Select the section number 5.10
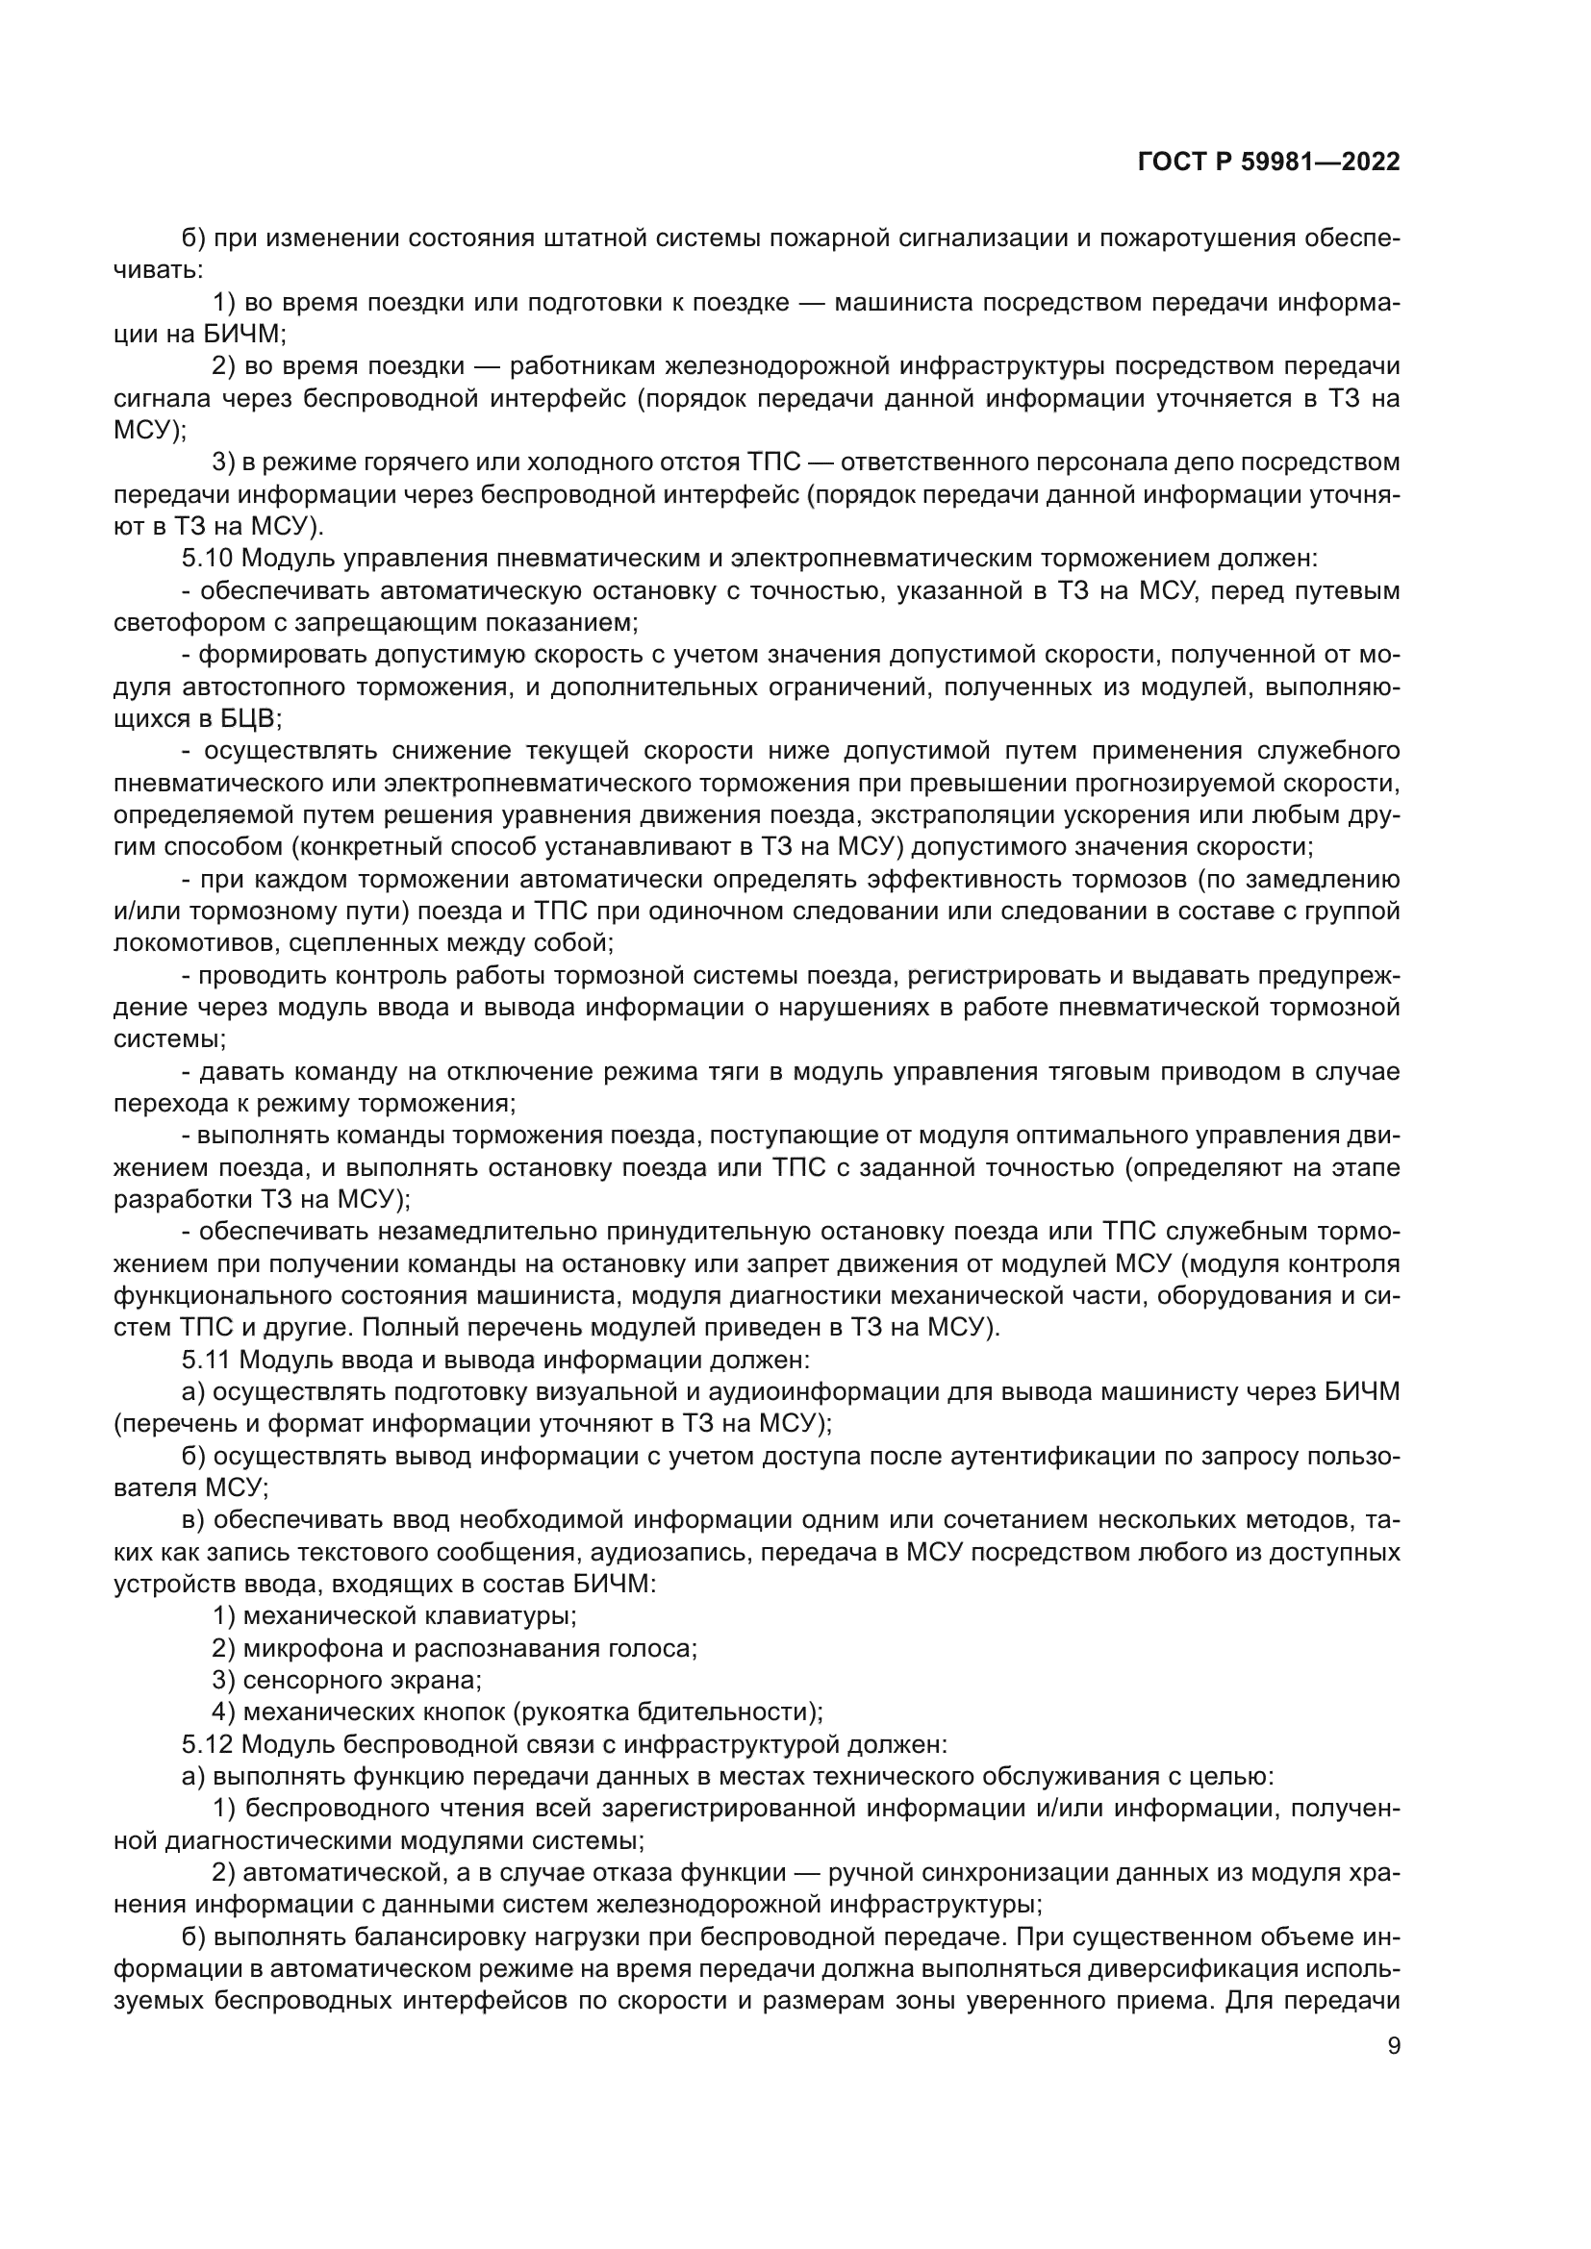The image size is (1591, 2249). point(206,560)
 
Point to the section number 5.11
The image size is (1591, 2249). point(205,1360)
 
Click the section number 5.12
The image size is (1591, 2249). point(206,1744)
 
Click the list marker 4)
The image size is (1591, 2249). point(222,1712)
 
